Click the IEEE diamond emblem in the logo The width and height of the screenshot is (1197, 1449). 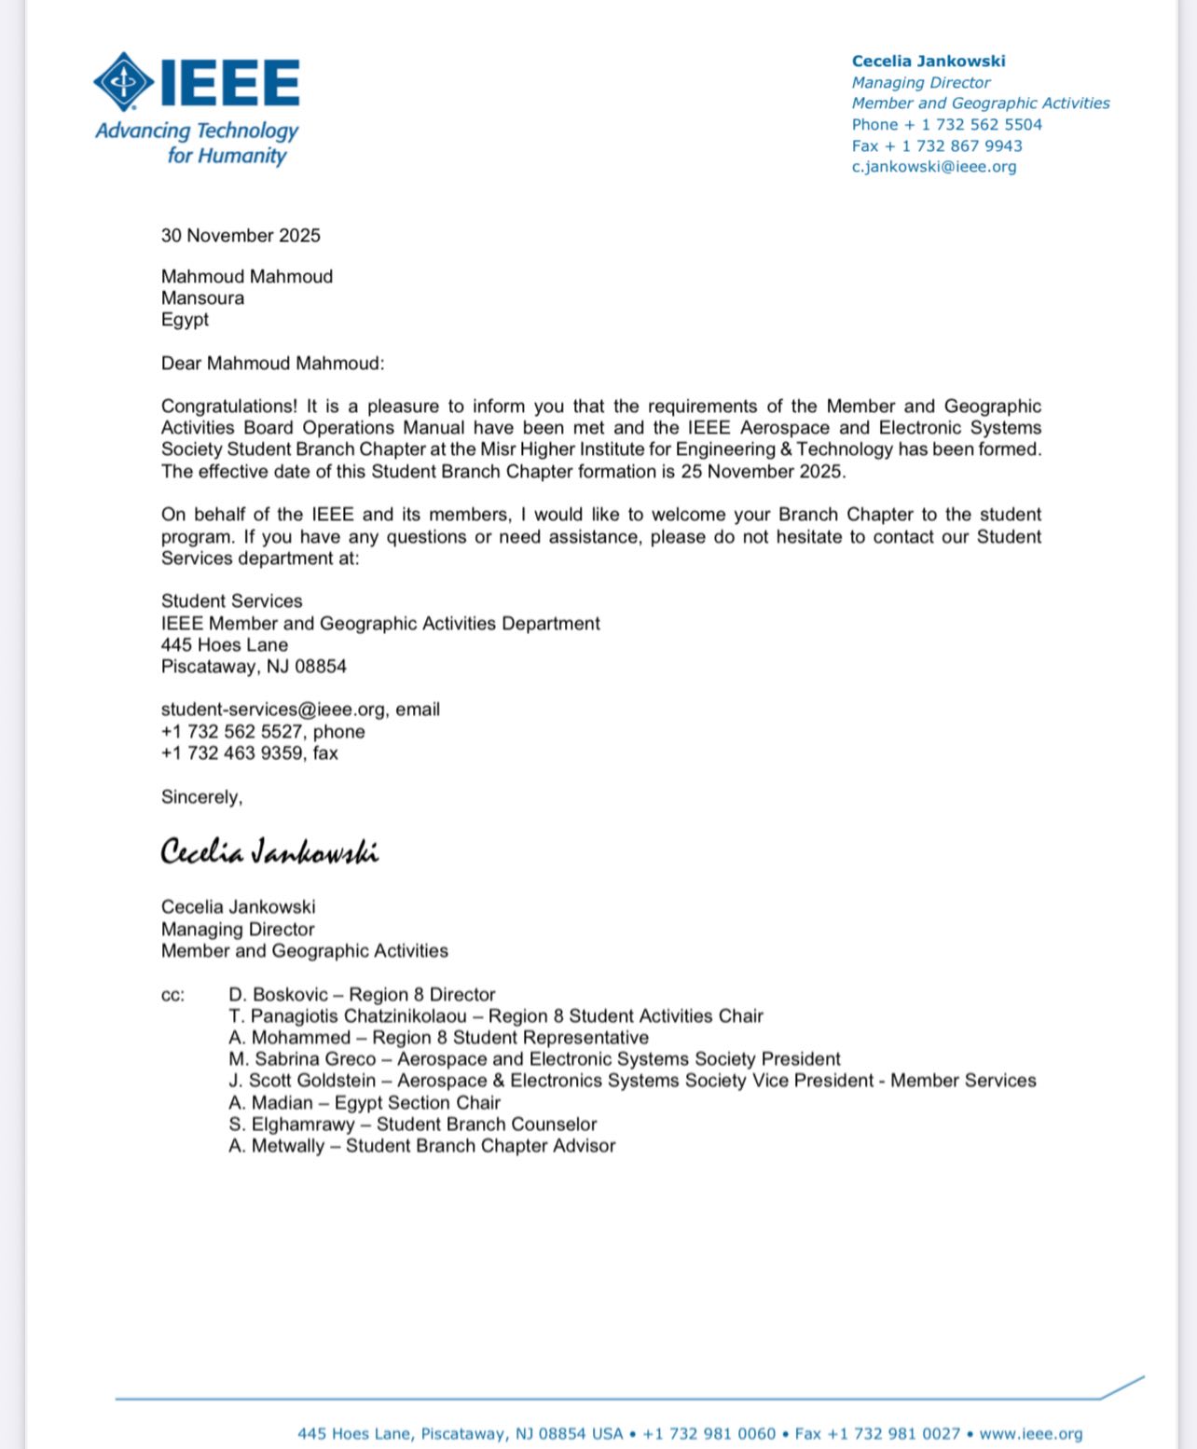(124, 82)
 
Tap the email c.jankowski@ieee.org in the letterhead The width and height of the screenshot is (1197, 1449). (933, 167)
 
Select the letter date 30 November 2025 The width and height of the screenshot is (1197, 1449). (241, 235)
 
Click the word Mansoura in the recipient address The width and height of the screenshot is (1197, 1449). (202, 297)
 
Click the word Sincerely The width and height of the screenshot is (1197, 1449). (200, 797)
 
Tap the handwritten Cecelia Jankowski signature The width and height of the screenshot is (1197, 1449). (269, 852)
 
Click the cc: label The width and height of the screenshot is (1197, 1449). (173, 995)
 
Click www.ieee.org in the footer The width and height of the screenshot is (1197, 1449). (1030, 1434)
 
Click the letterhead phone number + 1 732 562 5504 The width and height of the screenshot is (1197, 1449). (971, 125)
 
